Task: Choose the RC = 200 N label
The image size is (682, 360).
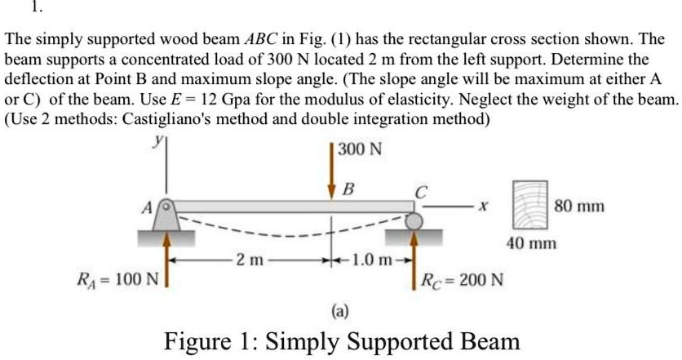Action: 461,281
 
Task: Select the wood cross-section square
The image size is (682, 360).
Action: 530,204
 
